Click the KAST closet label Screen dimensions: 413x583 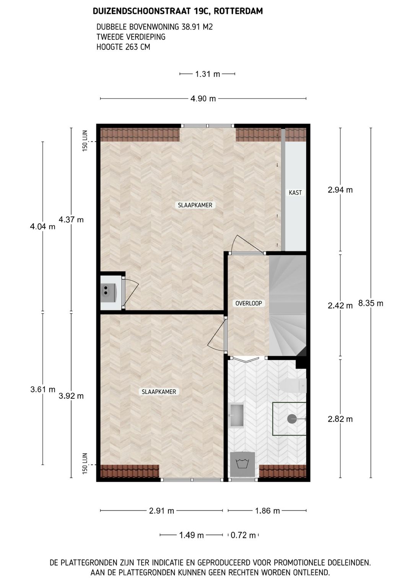pyautogui.click(x=295, y=193)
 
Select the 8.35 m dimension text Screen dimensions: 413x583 pyautogui.click(x=371, y=303)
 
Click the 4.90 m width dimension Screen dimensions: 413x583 pyautogui.click(x=203, y=99)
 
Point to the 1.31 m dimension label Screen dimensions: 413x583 pyautogui.click(x=208, y=74)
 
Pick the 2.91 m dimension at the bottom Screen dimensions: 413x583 pyautogui.click(x=161, y=511)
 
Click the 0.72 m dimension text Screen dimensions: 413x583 pyautogui.click(x=243, y=535)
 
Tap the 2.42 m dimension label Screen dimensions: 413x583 pyautogui.click(x=340, y=306)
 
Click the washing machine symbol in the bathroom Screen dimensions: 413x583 pyautogui.click(x=242, y=464)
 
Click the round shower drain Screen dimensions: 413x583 pyautogui.click(x=291, y=419)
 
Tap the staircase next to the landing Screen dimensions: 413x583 pyautogui.click(x=288, y=305)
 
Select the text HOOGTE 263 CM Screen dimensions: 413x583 pyautogui.click(x=123, y=47)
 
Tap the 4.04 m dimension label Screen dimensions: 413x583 pyautogui.click(x=43, y=227)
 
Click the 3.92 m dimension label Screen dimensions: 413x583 pyautogui.click(x=71, y=396)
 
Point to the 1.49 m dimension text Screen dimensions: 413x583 pyautogui.click(x=191, y=535)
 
